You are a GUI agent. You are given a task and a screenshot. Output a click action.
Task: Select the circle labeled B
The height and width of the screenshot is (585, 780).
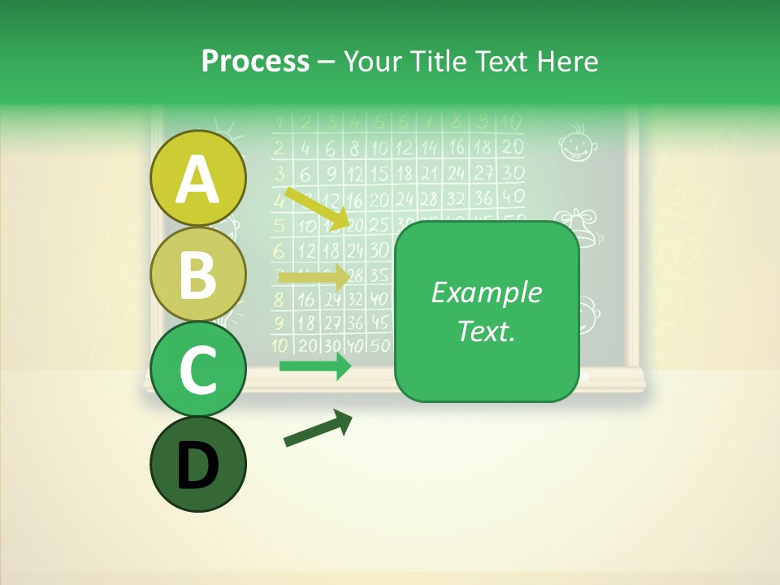198,274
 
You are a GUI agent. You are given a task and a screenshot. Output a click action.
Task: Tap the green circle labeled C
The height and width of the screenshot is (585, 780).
198,370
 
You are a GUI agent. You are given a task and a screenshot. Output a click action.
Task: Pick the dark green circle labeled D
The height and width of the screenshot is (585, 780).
198,465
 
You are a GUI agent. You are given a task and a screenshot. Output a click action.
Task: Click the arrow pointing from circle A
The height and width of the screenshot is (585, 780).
318,209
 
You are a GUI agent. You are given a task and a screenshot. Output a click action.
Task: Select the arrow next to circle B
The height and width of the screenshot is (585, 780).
314,277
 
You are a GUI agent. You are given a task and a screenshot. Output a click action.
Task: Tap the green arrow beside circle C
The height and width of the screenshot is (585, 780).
315,366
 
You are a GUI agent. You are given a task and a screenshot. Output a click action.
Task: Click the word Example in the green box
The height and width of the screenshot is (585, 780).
487,292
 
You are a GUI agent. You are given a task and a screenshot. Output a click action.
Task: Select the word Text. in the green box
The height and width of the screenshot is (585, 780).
487,331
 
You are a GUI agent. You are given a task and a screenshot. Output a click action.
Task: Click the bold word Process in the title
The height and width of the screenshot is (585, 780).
255,61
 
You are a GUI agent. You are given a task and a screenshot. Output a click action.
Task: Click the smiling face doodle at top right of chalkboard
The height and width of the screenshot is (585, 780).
578,142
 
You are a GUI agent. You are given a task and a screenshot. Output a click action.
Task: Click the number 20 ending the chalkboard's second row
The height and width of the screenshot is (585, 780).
512,148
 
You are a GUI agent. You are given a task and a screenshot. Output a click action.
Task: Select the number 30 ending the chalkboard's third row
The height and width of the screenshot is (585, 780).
512,173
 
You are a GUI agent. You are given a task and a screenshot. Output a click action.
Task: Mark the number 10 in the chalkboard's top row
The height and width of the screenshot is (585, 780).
510,123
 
